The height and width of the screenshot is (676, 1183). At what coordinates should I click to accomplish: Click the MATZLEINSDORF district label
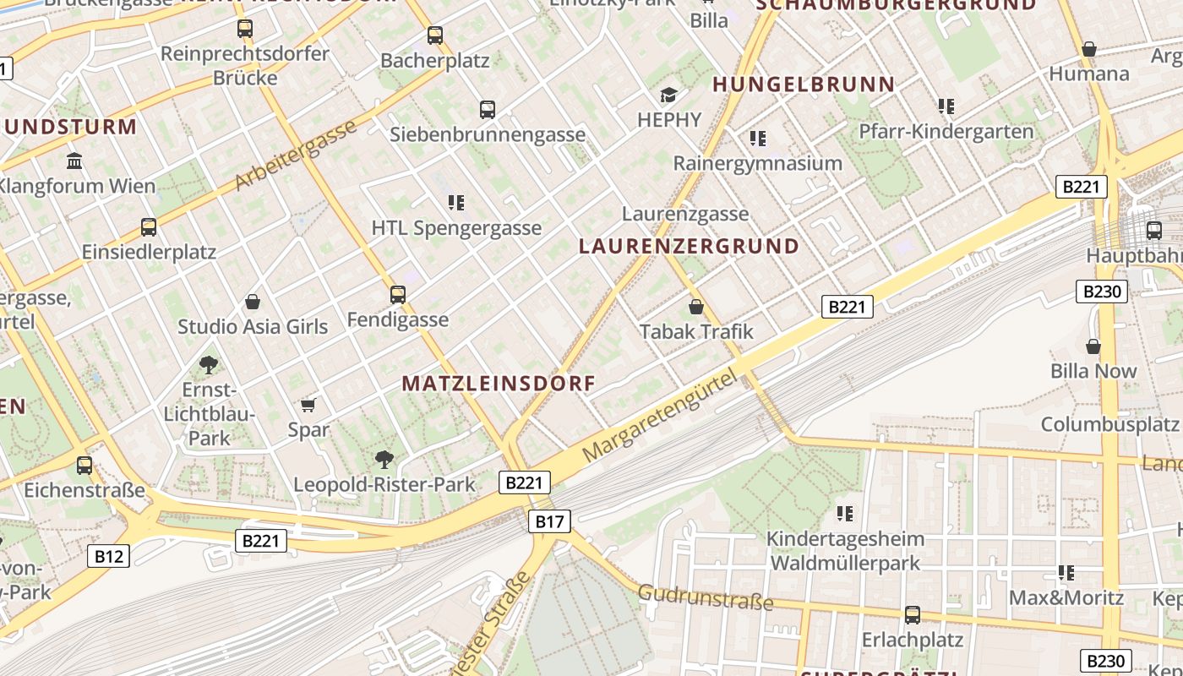499,383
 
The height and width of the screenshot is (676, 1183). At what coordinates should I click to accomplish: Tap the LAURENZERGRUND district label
690,246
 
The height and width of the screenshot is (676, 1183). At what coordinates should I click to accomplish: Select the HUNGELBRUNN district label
804,84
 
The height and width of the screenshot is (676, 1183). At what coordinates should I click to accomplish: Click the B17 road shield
549,521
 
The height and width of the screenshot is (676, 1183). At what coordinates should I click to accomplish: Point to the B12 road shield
108,556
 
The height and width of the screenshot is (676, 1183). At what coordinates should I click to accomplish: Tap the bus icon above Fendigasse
398,295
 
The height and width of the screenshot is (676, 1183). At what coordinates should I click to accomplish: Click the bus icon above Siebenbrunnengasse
488,109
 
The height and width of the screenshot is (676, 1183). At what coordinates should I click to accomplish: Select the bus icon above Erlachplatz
913,614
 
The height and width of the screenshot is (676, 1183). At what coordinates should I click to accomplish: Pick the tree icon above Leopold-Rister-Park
384,460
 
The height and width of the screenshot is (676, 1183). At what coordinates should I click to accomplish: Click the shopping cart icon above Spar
308,405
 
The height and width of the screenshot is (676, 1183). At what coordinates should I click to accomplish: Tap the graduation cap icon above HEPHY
669,95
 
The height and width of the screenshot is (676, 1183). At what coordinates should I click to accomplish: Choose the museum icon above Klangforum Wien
74,161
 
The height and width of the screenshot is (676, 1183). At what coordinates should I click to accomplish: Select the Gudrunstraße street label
706,597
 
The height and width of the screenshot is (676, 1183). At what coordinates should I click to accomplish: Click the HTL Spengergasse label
456,228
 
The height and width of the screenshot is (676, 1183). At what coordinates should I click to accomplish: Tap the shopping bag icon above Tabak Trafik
696,307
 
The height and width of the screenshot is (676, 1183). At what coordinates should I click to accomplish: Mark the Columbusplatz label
1109,424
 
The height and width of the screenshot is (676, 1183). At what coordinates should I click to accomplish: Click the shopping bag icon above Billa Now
1093,346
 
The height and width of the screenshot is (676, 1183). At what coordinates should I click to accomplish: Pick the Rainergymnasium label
758,163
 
